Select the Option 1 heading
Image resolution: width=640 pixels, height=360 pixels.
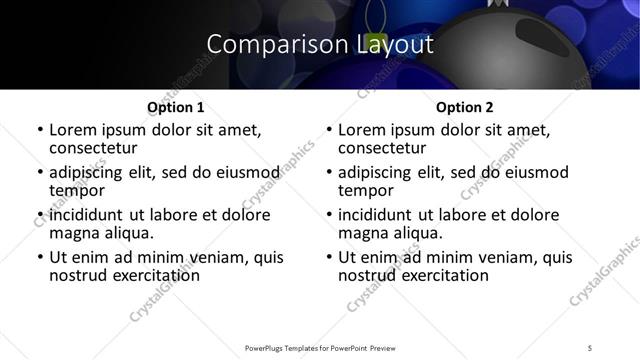pos(175,106)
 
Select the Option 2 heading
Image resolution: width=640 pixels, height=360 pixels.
pos(464,106)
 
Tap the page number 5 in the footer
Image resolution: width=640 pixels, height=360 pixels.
pos(590,348)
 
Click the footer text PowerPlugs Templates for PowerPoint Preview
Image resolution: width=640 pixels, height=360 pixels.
pos(319,348)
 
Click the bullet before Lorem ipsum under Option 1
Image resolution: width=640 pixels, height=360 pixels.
pos(39,130)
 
